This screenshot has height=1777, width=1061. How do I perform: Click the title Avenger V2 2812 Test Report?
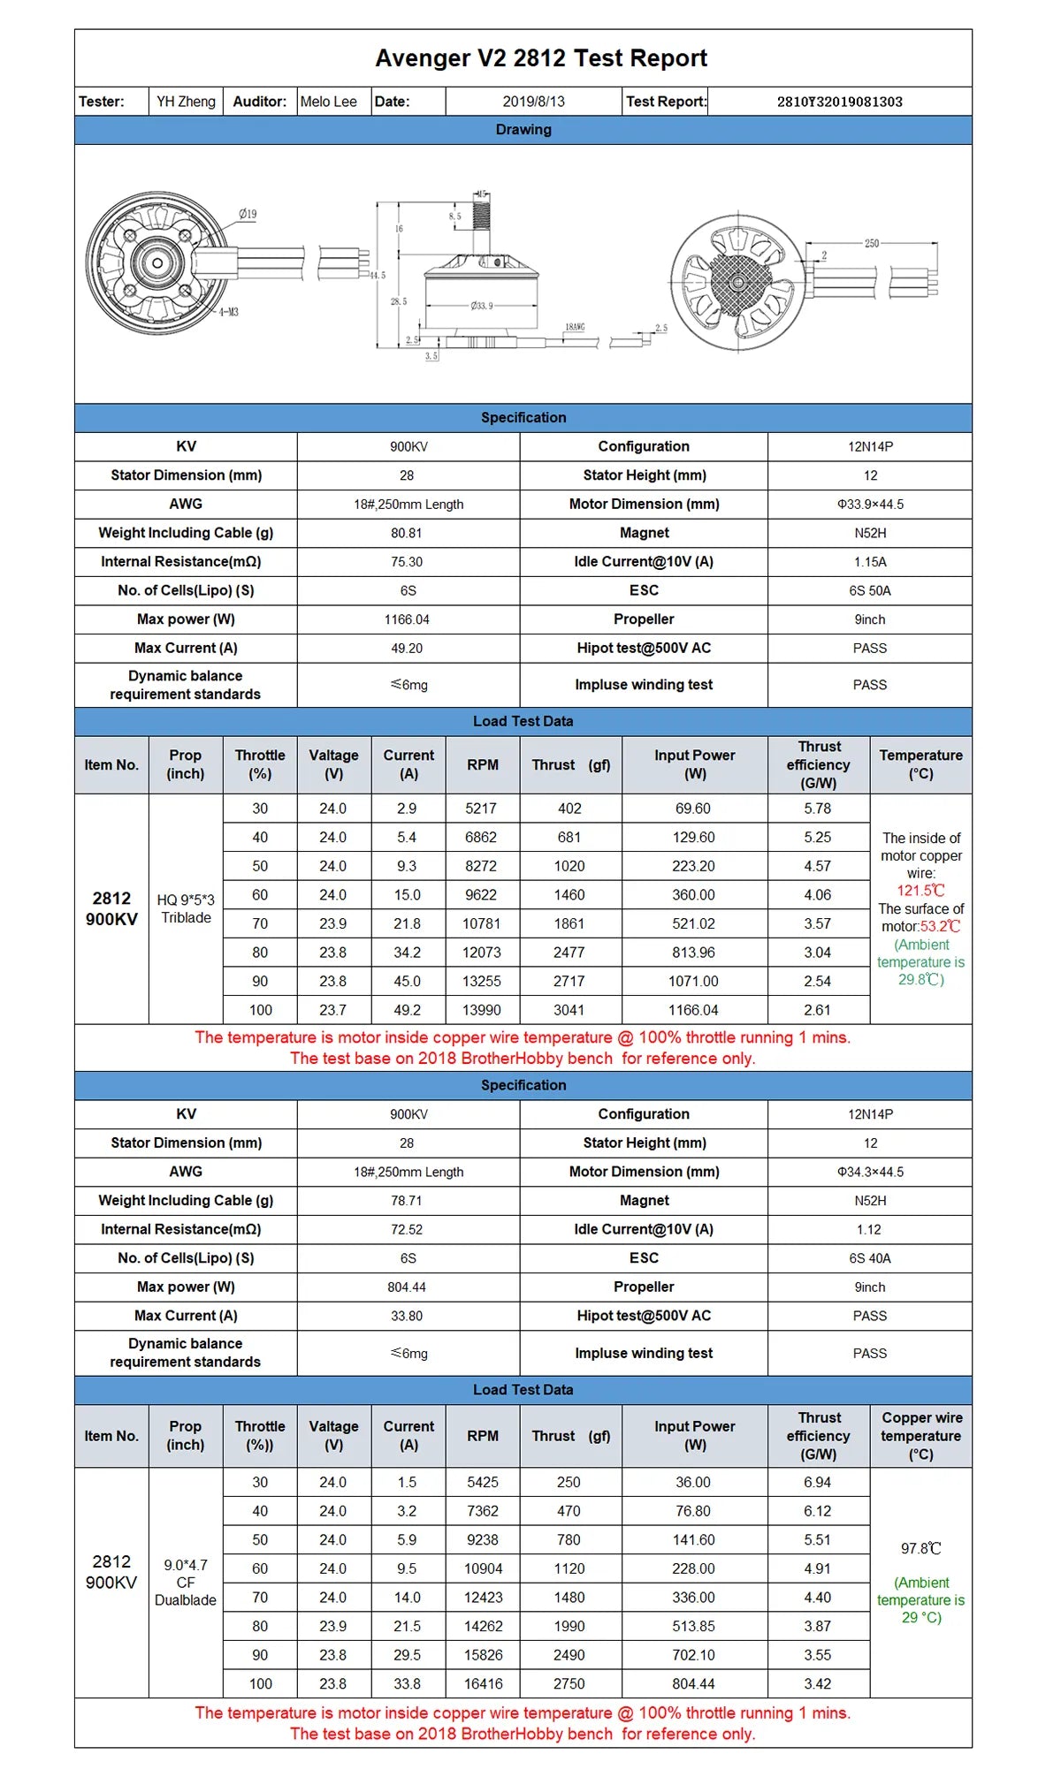click(x=541, y=58)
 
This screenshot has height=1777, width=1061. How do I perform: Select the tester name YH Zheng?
click(x=186, y=102)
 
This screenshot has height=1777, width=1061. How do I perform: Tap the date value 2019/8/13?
click(x=533, y=102)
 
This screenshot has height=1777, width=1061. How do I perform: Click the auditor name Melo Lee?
click(x=328, y=102)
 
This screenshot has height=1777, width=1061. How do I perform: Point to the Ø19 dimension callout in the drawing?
click(x=248, y=214)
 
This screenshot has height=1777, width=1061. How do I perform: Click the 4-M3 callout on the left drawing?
click(x=228, y=312)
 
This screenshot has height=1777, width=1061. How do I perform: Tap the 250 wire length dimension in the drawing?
click(x=872, y=243)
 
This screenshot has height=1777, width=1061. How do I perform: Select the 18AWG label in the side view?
click(x=575, y=327)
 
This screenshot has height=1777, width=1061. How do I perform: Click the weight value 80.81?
click(x=407, y=533)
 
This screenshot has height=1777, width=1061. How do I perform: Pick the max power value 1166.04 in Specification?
click(x=407, y=619)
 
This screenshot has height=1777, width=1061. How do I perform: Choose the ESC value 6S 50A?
click(x=870, y=590)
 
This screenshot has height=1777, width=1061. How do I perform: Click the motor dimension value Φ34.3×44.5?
click(x=870, y=1172)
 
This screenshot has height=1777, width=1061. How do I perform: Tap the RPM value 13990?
click(x=483, y=1010)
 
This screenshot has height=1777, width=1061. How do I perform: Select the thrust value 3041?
click(x=569, y=1010)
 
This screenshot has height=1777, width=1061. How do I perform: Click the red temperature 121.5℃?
click(x=920, y=891)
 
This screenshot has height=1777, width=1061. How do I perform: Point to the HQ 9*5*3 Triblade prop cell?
click(x=186, y=908)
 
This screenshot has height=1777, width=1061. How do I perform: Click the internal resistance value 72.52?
click(x=407, y=1229)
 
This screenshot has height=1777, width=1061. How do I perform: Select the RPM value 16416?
click(x=483, y=1684)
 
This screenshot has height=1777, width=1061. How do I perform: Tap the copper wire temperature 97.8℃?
click(x=920, y=1549)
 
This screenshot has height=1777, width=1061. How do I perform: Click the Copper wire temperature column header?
click(x=920, y=1436)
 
